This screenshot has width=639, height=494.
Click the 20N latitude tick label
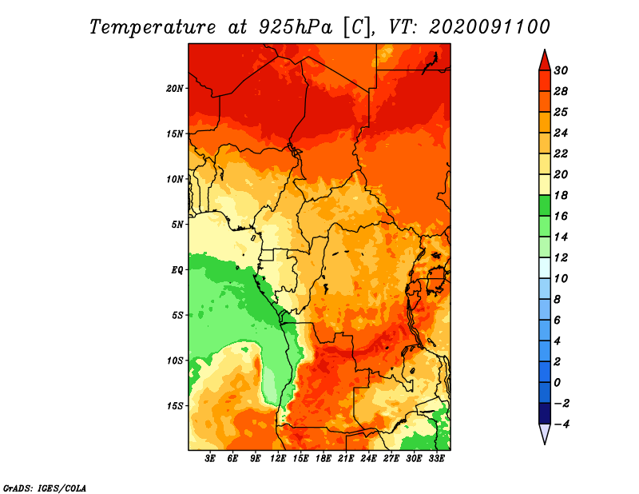coord(175,88)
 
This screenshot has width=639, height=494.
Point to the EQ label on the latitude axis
coord(177,269)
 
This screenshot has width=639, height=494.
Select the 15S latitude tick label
coord(175,405)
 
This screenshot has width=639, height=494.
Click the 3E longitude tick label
coord(211,459)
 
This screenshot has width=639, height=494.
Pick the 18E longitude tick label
coord(323,459)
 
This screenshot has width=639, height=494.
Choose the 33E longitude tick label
coord(436,459)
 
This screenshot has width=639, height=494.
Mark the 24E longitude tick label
coord(368,459)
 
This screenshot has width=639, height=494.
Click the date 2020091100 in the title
coord(489,26)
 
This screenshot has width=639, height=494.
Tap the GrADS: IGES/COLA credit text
coord(45,487)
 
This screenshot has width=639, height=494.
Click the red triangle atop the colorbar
coord(544,59)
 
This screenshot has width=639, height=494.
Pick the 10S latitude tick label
coord(175,361)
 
